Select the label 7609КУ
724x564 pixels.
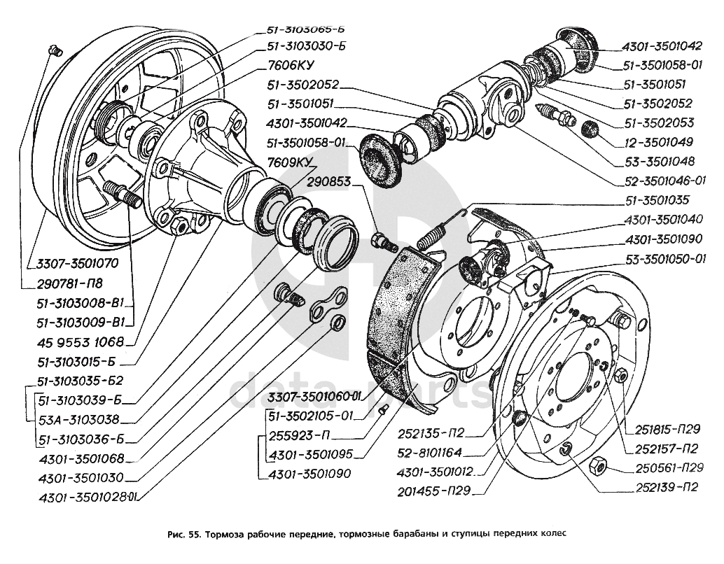pyautogui.click(x=290, y=163)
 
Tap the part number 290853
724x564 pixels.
pyautogui.click(x=333, y=181)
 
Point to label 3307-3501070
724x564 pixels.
pyautogui.click(x=74, y=264)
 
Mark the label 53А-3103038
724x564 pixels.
pyautogui.click(x=79, y=420)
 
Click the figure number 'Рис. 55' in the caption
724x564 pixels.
pyautogui.click(x=184, y=533)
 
